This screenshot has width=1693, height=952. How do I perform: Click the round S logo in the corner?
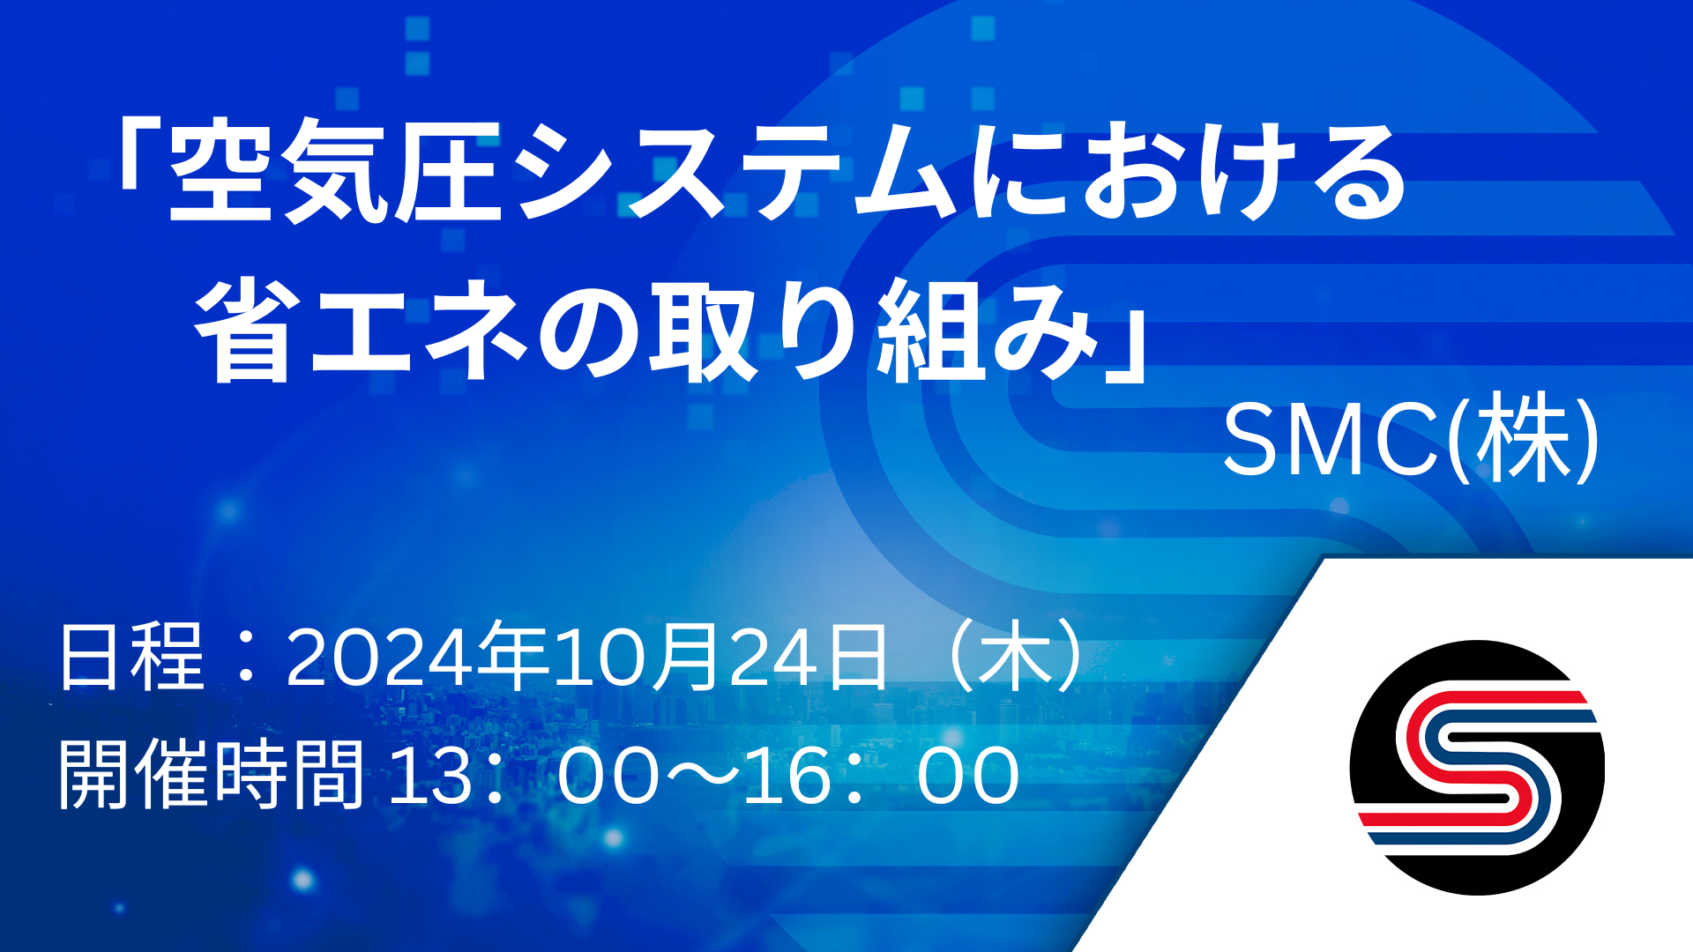pyautogui.click(x=1477, y=768)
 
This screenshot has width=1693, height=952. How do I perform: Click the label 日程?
pyautogui.click(x=131, y=657)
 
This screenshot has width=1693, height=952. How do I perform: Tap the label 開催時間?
pyautogui.click(x=212, y=775)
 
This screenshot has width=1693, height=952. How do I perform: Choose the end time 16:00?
pyautogui.click(x=883, y=775)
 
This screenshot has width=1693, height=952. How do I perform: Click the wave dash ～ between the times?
pyautogui.click(x=704, y=774)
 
